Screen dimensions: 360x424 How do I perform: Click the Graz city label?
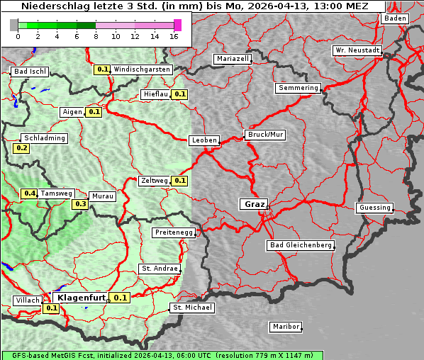click(254, 204)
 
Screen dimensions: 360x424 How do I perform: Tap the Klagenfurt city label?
click(81, 298)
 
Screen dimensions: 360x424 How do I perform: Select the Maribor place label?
click(286, 327)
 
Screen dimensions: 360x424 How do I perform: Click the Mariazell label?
click(233, 59)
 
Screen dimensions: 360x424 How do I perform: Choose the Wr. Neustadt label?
click(357, 50)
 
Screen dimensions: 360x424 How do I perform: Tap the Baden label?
click(396, 18)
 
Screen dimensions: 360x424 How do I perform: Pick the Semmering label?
click(299, 88)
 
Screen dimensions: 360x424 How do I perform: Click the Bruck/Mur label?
click(265, 134)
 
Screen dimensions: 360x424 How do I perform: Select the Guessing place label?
click(374, 208)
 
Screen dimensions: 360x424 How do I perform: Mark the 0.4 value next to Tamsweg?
click(29, 193)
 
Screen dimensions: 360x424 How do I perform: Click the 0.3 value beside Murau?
click(81, 204)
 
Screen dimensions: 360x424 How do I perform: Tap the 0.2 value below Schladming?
click(22, 148)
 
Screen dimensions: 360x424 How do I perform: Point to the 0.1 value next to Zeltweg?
click(179, 181)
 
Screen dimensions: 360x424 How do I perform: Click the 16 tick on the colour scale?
click(174, 37)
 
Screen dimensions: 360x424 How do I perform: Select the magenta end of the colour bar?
click(177, 25)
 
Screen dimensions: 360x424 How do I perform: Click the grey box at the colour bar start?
click(14, 25)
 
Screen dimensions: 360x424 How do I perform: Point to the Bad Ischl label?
click(30, 72)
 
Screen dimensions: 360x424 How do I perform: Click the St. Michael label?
click(192, 308)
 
